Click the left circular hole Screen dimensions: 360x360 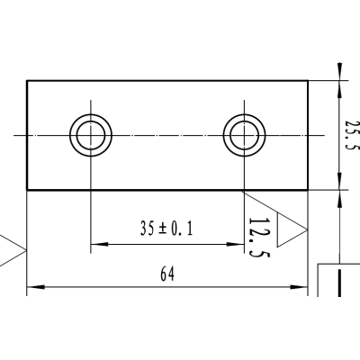pyautogui.click(x=92, y=135)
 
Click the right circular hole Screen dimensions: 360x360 pyautogui.click(x=244, y=135)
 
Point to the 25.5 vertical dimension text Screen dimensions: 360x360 pyautogui.click(x=352, y=135)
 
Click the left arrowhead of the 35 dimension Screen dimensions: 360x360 pyautogui.click(x=97, y=243)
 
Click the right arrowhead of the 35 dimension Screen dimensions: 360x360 pyautogui.click(x=238, y=243)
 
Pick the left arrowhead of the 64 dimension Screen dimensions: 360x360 pyautogui.click(x=33, y=289)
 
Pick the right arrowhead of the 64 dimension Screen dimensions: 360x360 pyautogui.click(x=301, y=289)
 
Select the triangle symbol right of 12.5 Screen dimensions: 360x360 pyautogui.click(x=290, y=230)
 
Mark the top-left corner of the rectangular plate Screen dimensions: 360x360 pyautogui.click(x=27, y=81)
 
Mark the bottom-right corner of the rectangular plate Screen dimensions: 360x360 pyautogui.click(x=308, y=191)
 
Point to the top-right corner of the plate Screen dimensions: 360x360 pyautogui.click(x=308, y=81)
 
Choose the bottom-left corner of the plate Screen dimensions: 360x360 pyautogui.click(x=27, y=191)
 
